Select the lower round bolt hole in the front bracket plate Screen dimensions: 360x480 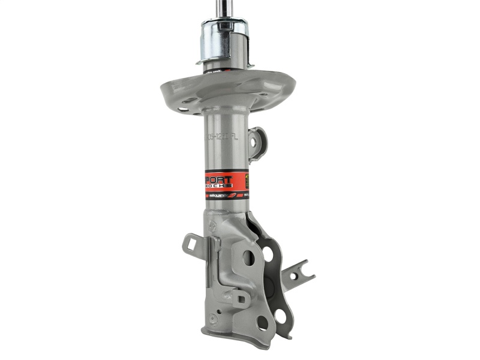pos(262,323)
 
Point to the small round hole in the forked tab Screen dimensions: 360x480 pos(294,277)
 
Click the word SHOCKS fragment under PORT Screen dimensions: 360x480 pos(222,187)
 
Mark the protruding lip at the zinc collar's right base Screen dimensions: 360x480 pos(249,64)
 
